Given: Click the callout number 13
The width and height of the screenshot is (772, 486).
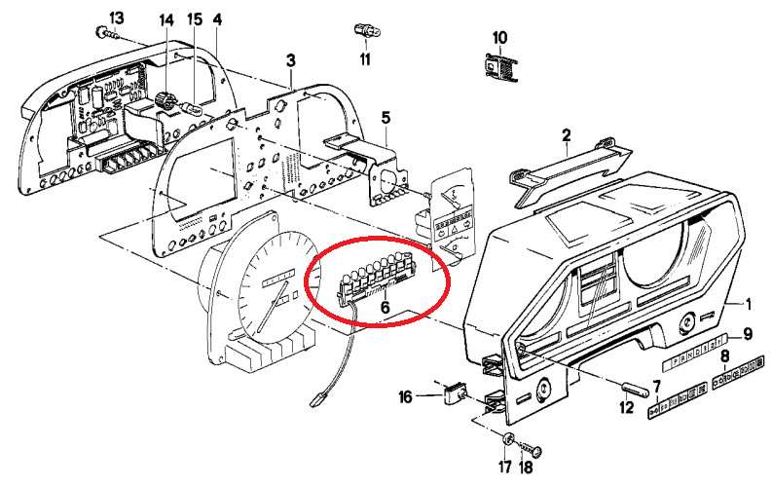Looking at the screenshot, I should click(117, 19).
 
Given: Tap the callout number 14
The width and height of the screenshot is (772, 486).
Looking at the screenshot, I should click(166, 19).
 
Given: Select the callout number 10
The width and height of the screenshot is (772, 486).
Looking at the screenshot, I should click(499, 38).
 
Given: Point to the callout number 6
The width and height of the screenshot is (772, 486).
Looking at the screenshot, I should click(385, 309).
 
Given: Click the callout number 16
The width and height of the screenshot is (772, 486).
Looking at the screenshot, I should click(406, 395).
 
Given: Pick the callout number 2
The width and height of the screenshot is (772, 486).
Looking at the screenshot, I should click(566, 134).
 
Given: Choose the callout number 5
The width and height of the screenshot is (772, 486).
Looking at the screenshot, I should click(386, 118).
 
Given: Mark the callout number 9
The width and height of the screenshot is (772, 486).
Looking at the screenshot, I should click(748, 335).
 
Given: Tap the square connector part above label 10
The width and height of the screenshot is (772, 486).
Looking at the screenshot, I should click(499, 66).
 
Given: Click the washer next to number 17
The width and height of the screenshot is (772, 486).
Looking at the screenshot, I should click(510, 436).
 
